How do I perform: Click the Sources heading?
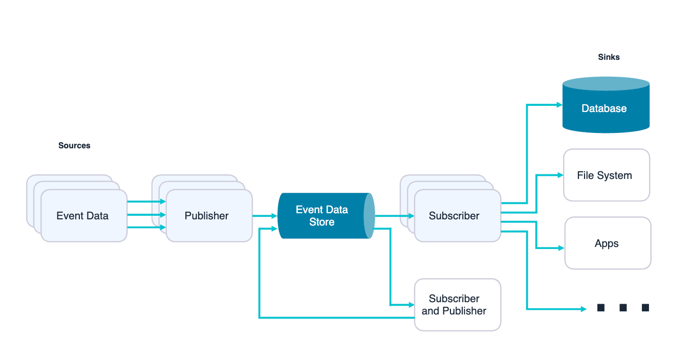coord(74,146)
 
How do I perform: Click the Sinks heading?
coord(609,57)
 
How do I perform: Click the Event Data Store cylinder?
coord(321,216)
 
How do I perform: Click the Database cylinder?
coord(606,108)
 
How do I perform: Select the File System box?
coord(606,175)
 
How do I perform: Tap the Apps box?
coord(608,243)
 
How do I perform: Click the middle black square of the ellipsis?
coord(623,308)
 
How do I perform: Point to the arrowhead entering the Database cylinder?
coord(559,105)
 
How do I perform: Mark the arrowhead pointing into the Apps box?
coord(562,248)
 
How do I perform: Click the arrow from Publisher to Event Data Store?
coord(265,216)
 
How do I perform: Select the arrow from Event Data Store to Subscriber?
coord(394,216)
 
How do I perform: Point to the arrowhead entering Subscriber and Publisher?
coord(411,305)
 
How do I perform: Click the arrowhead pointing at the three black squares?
coord(583,309)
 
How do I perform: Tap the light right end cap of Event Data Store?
coord(370,216)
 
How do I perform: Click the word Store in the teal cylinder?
coord(321,222)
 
